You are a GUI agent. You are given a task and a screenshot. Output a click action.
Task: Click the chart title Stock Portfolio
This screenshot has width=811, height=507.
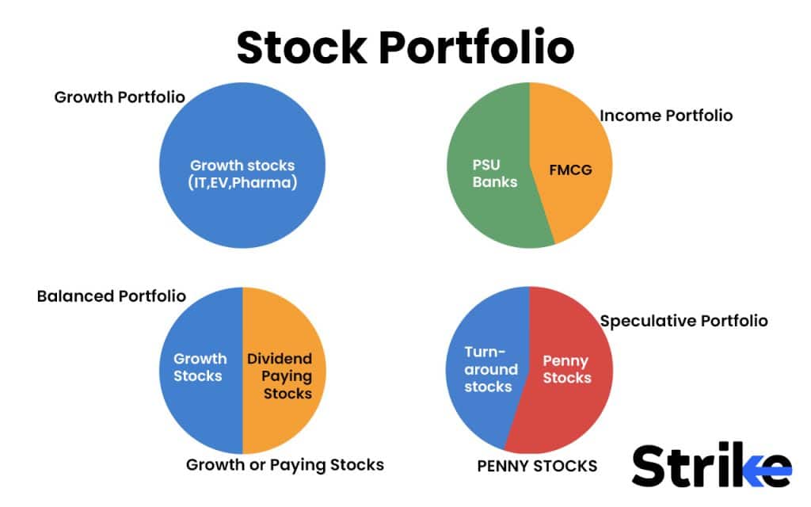coord(405,48)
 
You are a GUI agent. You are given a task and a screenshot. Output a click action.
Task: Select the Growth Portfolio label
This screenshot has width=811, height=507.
coord(120,97)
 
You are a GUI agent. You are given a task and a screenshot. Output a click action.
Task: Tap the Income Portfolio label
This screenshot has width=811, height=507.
coord(666,116)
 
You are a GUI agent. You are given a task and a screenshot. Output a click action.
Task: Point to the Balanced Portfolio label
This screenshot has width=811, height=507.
coord(112,296)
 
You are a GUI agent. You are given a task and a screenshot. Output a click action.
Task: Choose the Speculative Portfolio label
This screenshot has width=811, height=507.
coord(683,321)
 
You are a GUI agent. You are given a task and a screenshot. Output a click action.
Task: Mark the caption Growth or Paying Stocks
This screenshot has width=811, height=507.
coord(285,464)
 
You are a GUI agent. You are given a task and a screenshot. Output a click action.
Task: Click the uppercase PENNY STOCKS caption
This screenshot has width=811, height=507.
coord(537,466)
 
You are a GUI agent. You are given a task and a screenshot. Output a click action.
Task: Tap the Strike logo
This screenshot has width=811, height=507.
coord(711,467)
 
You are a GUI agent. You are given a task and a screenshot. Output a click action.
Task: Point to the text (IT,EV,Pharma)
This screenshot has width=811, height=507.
coord(242,185)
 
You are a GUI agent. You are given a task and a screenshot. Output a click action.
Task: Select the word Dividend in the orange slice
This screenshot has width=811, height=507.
coord(280,358)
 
